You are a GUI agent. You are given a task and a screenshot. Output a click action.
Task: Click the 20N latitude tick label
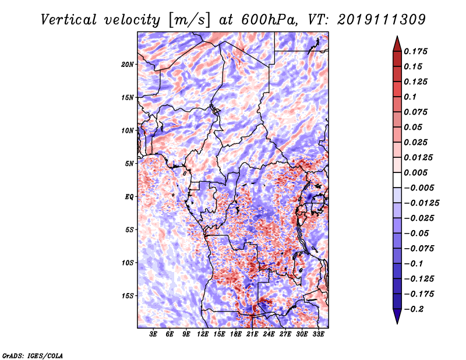(x=128, y=65)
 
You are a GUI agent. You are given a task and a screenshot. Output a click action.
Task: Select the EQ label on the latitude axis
(x=129, y=197)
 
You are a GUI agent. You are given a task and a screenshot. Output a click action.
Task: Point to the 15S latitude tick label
(x=128, y=296)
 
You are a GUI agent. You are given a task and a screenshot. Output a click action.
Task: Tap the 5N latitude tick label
(x=129, y=164)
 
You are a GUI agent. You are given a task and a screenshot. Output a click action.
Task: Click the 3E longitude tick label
(x=153, y=334)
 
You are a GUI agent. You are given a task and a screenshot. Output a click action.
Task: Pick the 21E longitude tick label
(x=252, y=334)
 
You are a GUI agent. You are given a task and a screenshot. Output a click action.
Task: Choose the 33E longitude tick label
(x=318, y=334)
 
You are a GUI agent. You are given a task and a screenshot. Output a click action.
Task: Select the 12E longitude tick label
(x=203, y=334)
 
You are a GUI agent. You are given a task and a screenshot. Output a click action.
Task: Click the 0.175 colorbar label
(x=415, y=51)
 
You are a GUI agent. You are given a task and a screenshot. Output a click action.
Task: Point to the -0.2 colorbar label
(x=414, y=309)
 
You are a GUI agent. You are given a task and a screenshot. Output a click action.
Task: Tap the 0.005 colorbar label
(x=415, y=172)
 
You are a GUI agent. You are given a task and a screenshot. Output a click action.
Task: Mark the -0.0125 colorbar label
(x=421, y=203)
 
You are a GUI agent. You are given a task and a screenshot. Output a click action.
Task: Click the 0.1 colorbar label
(x=410, y=97)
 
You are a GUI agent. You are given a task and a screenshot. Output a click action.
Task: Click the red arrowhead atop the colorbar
(x=397, y=44)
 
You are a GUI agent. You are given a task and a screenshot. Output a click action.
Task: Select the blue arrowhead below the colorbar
(x=397, y=316)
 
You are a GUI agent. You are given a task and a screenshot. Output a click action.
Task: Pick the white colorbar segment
(x=397, y=180)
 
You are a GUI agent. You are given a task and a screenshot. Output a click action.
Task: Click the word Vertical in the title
(x=69, y=20)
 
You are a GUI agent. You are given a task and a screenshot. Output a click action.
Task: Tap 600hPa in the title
(x=269, y=20)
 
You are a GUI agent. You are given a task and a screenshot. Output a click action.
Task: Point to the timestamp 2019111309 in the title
(x=382, y=20)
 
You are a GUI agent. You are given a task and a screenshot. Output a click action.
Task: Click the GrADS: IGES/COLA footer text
(x=33, y=355)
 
